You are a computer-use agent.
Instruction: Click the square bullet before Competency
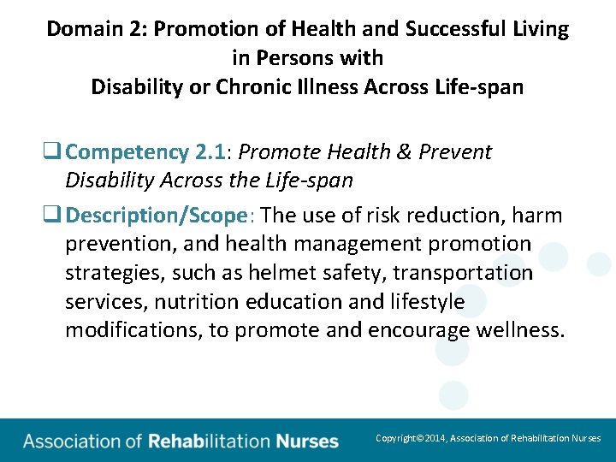click(x=56, y=152)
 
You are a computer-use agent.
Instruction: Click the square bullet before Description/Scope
click(x=56, y=214)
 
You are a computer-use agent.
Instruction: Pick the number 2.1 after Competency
click(x=209, y=152)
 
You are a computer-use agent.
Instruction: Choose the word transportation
click(x=459, y=273)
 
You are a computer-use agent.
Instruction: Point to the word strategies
click(x=105, y=273)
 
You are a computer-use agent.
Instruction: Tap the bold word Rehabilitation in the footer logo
click(x=209, y=441)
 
